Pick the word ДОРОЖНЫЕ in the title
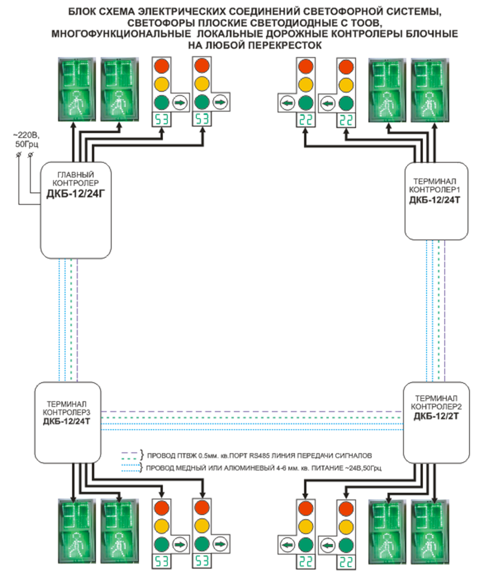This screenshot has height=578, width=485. pyautogui.click(x=309, y=34)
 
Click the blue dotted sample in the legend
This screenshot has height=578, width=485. pyautogui.click(x=130, y=469)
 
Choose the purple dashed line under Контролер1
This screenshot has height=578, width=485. pyautogui.click(x=445, y=311)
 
